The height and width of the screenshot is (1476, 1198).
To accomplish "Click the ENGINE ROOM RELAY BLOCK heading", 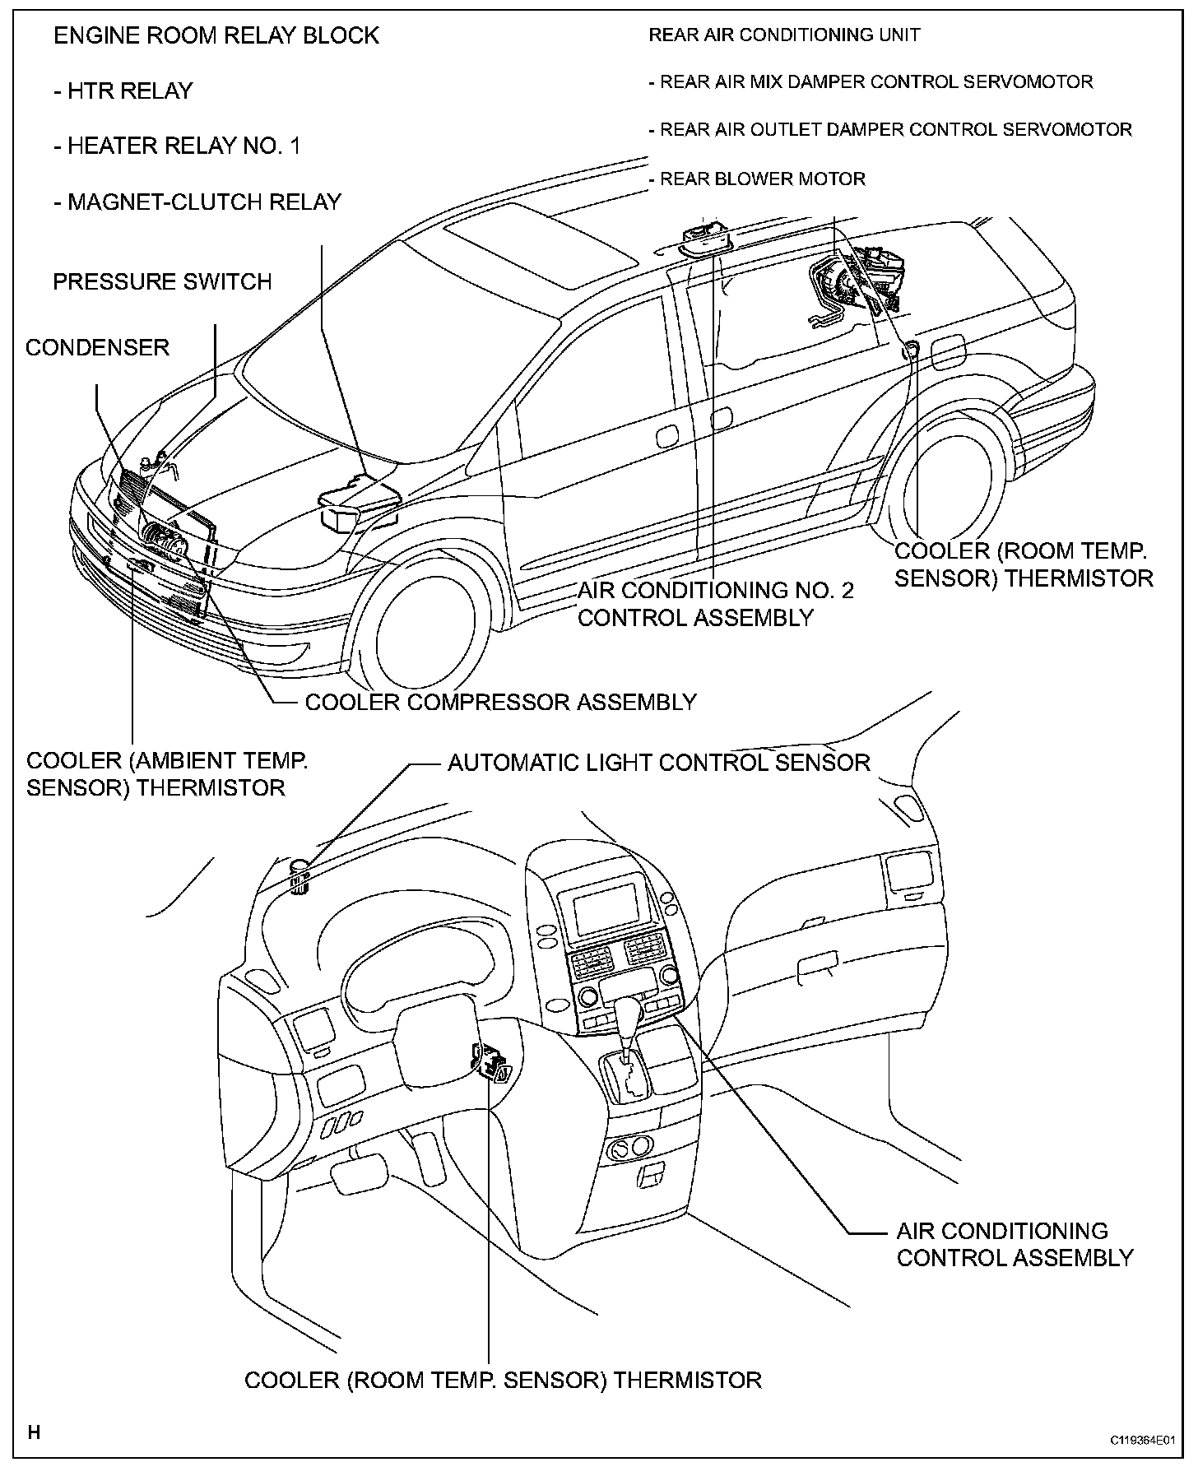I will pyautogui.click(x=216, y=36).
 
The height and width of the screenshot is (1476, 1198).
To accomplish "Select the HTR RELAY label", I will pyautogui.click(x=123, y=91).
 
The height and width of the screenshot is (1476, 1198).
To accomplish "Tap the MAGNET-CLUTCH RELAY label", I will pyautogui.click(x=197, y=202).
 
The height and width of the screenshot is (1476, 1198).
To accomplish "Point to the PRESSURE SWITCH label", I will pyautogui.click(x=162, y=282).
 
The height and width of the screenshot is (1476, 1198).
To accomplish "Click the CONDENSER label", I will pyautogui.click(x=97, y=347).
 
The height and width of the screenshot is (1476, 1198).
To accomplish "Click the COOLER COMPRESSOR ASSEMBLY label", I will pyautogui.click(x=500, y=702).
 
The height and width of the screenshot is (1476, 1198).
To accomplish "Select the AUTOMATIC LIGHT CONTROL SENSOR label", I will pyautogui.click(x=658, y=763).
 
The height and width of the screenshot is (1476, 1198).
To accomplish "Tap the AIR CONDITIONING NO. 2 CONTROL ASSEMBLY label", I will pyautogui.click(x=714, y=603).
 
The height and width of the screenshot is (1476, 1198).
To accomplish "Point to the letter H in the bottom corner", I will pyautogui.click(x=34, y=1433).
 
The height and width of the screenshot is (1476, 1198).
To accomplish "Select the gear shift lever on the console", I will pyautogui.click(x=629, y=1028).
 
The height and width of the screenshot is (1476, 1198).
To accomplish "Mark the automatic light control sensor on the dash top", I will pyautogui.click(x=300, y=875).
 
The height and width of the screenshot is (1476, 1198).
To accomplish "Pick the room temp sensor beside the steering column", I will pyautogui.click(x=493, y=1064).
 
